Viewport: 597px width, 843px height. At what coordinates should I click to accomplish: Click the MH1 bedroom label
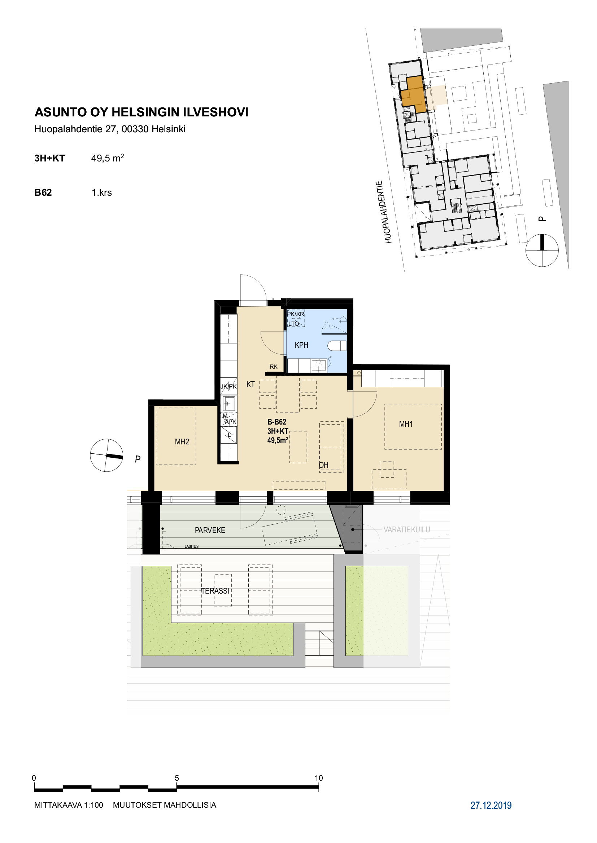click(405, 424)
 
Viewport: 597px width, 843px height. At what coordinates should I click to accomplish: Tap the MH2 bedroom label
click(182, 442)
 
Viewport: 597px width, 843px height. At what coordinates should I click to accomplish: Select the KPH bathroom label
click(301, 345)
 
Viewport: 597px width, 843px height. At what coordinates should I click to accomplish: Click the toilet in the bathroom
click(337, 346)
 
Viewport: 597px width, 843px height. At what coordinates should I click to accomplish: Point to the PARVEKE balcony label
click(210, 530)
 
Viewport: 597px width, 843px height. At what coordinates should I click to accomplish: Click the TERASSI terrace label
click(215, 591)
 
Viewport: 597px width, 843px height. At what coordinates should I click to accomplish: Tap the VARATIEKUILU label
click(406, 529)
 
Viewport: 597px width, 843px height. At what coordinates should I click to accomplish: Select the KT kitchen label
click(251, 385)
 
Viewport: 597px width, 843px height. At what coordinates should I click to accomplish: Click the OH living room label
click(323, 465)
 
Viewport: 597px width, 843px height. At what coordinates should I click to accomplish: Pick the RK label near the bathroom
click(274, 367)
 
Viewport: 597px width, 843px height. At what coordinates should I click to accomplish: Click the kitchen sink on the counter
click(228, 404)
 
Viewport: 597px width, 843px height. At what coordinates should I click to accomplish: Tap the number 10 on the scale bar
click(319, 778)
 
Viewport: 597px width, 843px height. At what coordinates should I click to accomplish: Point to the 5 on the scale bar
click(177, 778)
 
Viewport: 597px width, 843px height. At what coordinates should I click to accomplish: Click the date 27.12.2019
click(491, 805)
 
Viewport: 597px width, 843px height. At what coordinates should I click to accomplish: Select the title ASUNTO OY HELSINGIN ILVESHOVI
click(141, 112)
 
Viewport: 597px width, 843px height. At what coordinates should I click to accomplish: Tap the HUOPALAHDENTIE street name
click(384, 212)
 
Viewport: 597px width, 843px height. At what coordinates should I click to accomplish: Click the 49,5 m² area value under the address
click(107, 158)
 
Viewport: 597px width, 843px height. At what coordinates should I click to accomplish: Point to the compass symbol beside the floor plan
click(106, 455)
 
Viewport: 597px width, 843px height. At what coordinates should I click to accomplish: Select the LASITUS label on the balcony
click(192, 546)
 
